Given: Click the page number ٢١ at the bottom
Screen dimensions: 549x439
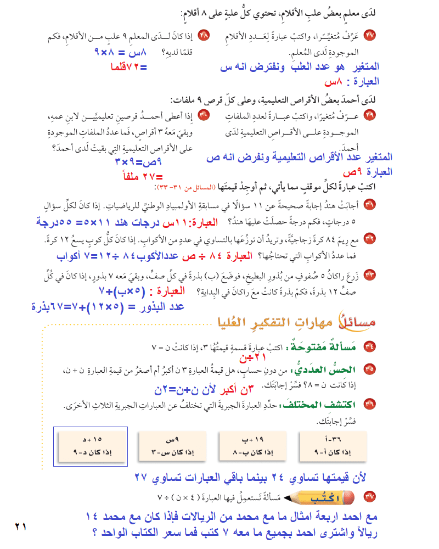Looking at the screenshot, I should click(x=21, y=526).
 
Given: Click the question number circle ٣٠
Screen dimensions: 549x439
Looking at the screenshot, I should click(x=204, y=116).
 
